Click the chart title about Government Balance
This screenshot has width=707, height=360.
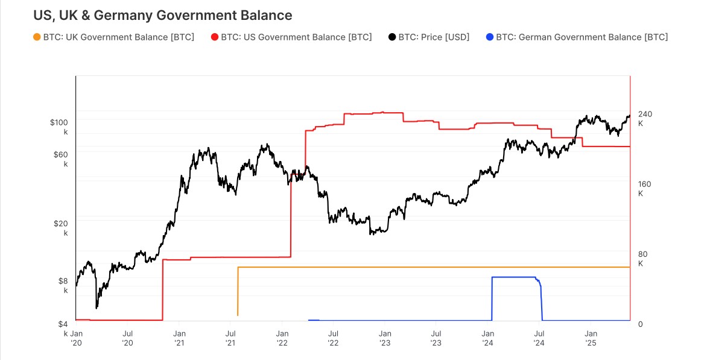(163, 15)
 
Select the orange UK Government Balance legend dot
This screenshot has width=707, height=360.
(37, 37)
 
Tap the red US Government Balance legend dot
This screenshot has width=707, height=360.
(215, 37)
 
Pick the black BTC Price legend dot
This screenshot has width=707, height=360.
(392, 37)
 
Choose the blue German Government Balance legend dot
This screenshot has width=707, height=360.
(490, 37)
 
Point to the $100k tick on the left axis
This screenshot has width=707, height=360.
(59, 127)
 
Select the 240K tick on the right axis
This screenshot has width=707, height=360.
(645, 118)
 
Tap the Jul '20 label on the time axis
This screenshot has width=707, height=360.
(127, 337)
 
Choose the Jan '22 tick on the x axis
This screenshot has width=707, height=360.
(282, 337)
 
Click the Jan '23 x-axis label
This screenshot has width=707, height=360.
(385, 337)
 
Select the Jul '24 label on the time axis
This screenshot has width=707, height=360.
(539, 337)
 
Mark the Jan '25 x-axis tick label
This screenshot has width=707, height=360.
(591, 337)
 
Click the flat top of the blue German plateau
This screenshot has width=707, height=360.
(513, 277)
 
